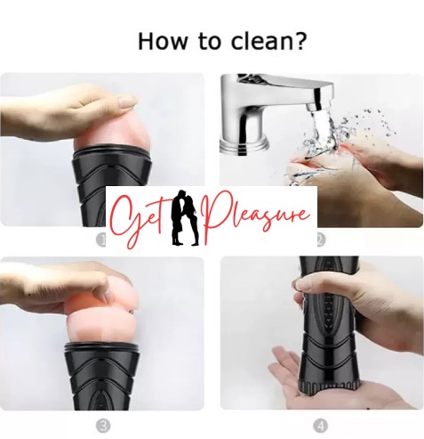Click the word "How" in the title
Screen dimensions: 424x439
coord(163,41)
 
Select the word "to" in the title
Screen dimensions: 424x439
coord(210,42)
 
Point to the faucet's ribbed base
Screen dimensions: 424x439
coord(244,147)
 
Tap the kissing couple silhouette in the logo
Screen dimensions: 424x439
coord(186,218)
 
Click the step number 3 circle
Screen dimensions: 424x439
coord(103,427)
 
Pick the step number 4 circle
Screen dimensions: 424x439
coord(321,427)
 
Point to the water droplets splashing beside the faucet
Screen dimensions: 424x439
coord(371,125)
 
